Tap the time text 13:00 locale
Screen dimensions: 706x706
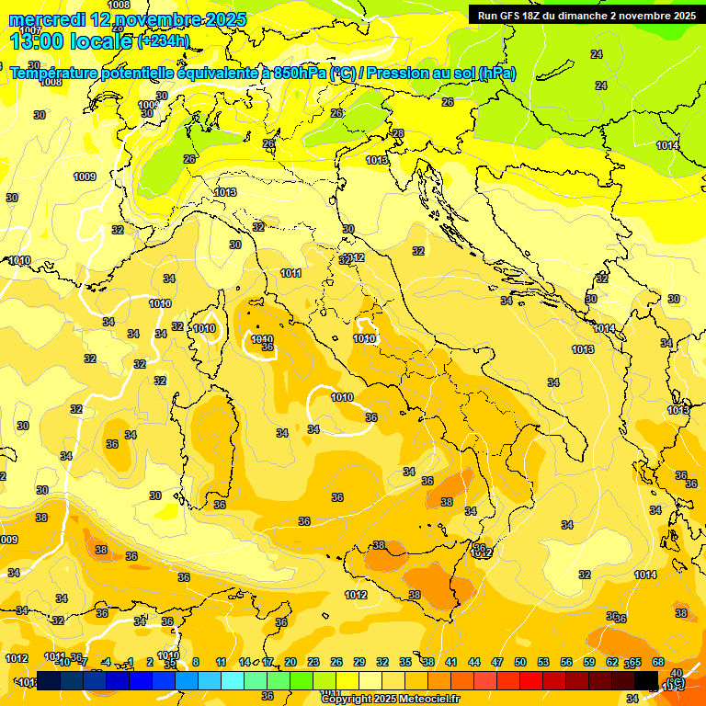(x=71, y=41)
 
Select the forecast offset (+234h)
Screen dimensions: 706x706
(x=164, y=41)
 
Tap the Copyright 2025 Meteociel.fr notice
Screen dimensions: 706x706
(x=390, y=699)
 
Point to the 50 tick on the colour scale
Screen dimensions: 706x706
(x=519, y=662)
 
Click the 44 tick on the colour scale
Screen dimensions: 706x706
(x=473, y=662)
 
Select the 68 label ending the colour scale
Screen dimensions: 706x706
(x=658, y=662)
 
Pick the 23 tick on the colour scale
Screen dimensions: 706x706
(x=313, y=662)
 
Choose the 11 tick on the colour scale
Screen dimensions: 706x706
(x=221, y=662)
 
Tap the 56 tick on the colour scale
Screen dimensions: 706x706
(x=565, y=662)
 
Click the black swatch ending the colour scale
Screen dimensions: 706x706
(x=646, y=680)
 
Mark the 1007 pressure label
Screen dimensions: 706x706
(x=29, y=30)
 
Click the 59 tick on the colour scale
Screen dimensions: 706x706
(x=588, y=662)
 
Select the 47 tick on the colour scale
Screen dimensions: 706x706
(x=497, y=662)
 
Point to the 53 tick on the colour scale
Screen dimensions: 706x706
(x=542, y=662)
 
